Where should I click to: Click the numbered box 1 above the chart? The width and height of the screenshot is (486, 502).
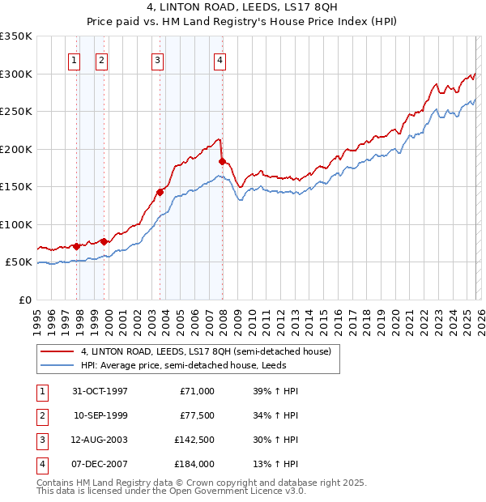75,59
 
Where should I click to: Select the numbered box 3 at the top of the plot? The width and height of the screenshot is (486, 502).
157,59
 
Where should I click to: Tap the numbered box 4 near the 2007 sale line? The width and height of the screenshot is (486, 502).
220,59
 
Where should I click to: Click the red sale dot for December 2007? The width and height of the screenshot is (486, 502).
222,161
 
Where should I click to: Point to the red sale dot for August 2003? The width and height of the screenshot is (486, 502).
160,192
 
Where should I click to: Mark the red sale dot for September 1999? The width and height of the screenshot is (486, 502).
104,241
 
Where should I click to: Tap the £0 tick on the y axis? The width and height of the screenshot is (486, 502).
26,300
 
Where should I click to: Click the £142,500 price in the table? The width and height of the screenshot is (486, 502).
194,441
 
